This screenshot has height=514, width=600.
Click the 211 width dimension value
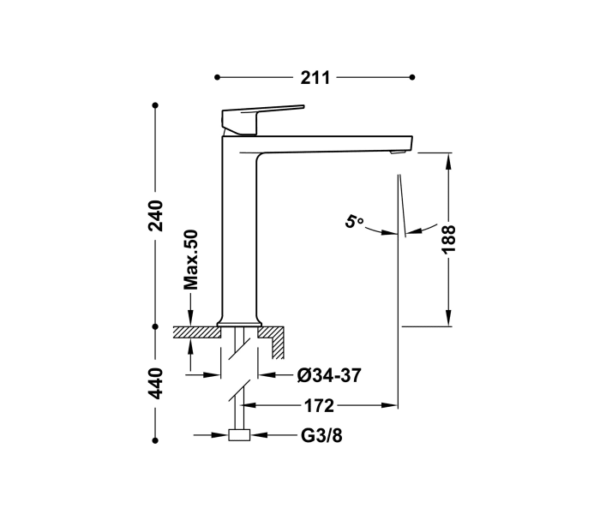click(x=315, y=78)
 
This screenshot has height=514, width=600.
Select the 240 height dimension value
click(x=156, y=216)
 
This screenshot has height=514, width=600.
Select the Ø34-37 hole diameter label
click(x=328, y=374)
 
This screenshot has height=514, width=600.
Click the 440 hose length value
click(x=156, y=385)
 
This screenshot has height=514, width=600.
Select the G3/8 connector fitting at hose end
click(x=239, y=435)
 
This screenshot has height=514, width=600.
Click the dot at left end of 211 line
click(x=217, y=78)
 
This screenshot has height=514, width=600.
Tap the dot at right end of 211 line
click(x=414, y=78)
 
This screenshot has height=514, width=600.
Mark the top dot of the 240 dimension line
click(x=155, y=106)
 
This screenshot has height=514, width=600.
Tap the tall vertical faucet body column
click(x=239, y=231)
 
